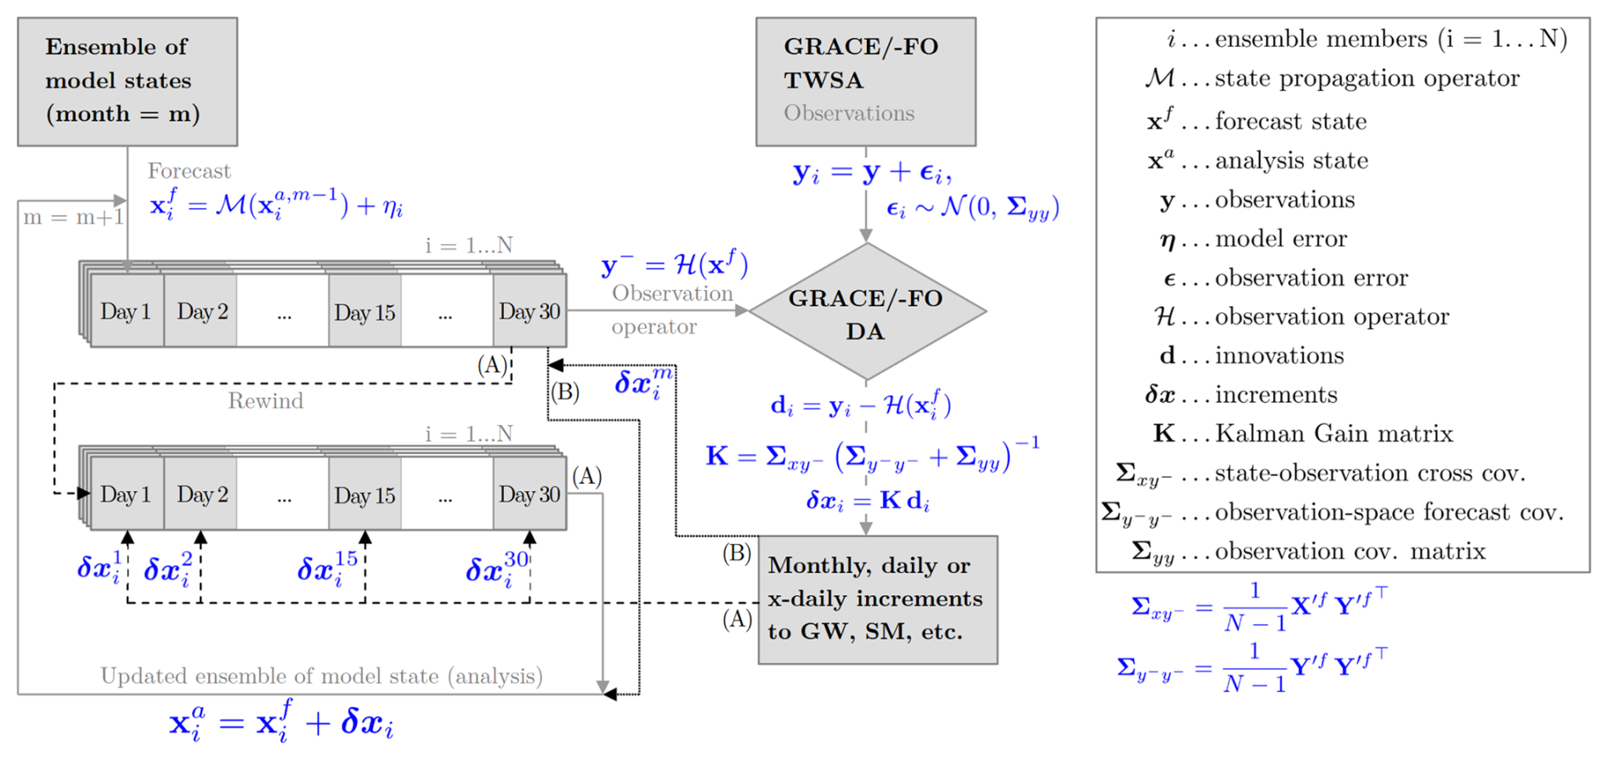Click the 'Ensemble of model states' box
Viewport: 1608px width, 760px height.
coord(127,82)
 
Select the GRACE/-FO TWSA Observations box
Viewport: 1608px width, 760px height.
coord(865,82)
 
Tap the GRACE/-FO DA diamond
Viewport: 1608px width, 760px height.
coord(866,312)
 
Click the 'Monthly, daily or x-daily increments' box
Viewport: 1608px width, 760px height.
coord(877,599)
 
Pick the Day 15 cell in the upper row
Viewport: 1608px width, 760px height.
coord(365,312)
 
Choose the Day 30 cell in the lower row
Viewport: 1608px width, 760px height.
coord(529,495)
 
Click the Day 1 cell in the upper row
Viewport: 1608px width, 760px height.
coord(126,312)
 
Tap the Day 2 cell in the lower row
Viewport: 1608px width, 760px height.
coord(201,495)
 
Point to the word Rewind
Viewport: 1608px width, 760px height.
coord(265,401)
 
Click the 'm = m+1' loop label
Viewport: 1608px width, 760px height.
coord(73,218)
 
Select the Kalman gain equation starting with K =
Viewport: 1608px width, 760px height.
coord(872,457)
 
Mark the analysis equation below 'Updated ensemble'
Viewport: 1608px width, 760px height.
coord(281,724)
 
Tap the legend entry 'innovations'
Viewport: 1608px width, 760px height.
coord(1279,355)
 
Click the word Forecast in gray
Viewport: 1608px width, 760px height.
coord(189,171)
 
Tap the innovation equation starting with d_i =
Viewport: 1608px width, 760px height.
coord(861,406)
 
